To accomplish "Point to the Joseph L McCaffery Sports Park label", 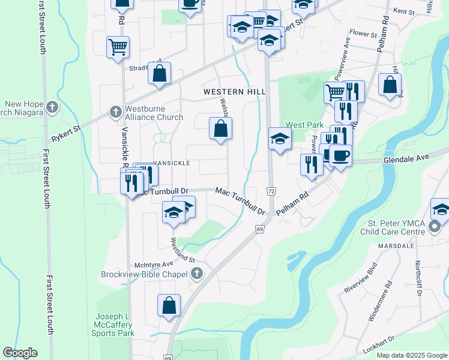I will pos(114,325).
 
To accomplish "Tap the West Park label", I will pos(300,125).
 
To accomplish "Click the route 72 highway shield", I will pos(271,190).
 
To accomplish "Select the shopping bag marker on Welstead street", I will pos(220,128).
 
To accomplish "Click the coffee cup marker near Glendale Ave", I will pos(340,156).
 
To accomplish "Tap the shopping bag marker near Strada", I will pos(160,74).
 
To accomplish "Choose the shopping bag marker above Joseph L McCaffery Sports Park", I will pos(169,304).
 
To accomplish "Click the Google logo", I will pos(20,353).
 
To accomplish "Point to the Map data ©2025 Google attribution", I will pos(412,355).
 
